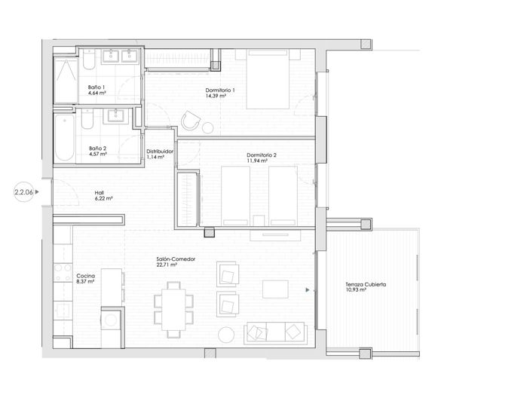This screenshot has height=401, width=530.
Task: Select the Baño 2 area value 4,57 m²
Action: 98,154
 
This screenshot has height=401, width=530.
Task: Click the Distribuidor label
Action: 161,151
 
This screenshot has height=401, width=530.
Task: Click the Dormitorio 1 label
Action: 220,91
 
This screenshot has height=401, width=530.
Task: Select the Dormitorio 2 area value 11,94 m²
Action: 261,161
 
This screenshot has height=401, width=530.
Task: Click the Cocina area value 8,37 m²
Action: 87,283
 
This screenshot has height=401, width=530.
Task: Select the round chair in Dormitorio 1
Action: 191,121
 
